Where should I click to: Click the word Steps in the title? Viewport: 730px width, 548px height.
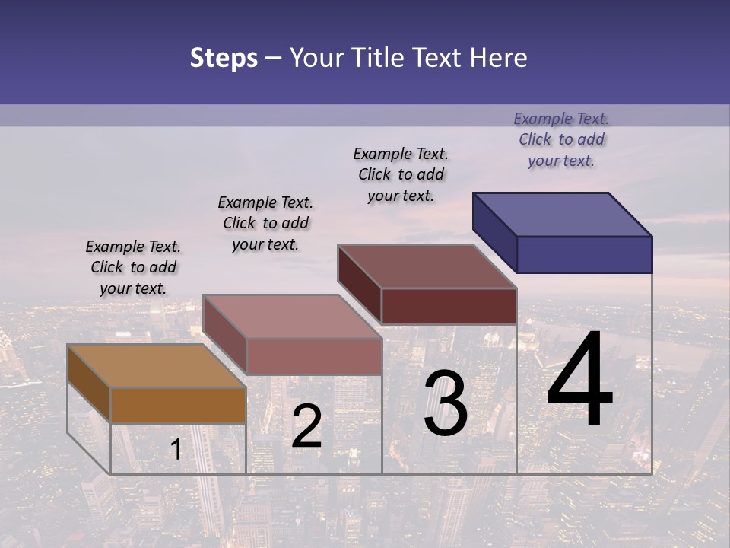click(224, 58)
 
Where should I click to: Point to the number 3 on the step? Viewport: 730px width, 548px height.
click(446, 403)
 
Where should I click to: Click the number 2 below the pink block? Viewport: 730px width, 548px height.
click(306, 426)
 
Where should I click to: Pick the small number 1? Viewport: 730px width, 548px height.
click(176, 450)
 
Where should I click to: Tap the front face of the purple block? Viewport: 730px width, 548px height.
click(584, 254)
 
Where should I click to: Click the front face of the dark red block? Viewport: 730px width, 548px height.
click(449, 306)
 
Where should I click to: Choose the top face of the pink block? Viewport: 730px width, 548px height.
click(292, 317)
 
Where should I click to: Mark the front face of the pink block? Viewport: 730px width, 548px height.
click(313, 356)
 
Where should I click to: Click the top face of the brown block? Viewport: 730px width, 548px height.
click(157, 366)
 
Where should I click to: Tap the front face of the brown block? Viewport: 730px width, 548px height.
click(178, 405)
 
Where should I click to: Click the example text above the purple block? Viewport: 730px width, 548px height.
click(561, 140)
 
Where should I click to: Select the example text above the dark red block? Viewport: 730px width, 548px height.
click(401, 175)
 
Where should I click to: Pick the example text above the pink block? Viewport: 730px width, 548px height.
click(265, 224)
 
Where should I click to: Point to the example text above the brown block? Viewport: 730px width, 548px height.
click(133, 268)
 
